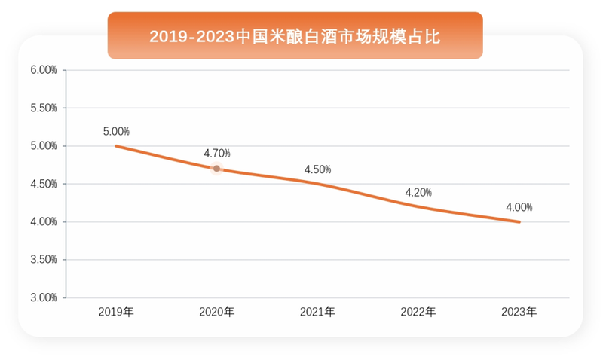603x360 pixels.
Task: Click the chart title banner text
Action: click(x=295, y=36)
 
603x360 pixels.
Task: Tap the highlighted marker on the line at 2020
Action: click(x=216, y=169)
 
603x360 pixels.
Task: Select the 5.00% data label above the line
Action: click(x=116, y=131)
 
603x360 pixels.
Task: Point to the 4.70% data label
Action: click(x=217, y=154)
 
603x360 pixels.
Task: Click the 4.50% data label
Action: click(x=317, y=169)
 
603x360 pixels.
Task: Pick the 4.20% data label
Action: click(x=418, y=192)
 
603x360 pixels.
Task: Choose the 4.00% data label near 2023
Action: click(x=519, y=207)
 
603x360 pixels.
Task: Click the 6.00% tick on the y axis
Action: click(x=44, y=70)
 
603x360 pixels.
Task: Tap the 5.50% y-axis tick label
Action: click(x=44, y=108)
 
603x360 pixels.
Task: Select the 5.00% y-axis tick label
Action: click(x=44, y=146)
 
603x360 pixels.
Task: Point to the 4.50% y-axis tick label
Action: click(x=44, y=184)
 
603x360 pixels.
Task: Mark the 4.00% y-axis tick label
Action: click(x=44, y=221)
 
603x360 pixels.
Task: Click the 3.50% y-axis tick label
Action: click(x=44, y=260)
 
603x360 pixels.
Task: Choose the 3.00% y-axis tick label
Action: click(x=44, y=297)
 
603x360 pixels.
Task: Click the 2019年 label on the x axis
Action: click(x=116, y=311)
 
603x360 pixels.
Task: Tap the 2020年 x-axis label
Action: click(x=216, y=311)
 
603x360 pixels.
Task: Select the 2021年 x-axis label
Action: click(x=317, y=311)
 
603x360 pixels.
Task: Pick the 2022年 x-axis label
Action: click(x=418, y=311)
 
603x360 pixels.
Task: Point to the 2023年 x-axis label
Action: click(x=519, y=311)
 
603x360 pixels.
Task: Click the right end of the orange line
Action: click(x=519, y=221)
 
